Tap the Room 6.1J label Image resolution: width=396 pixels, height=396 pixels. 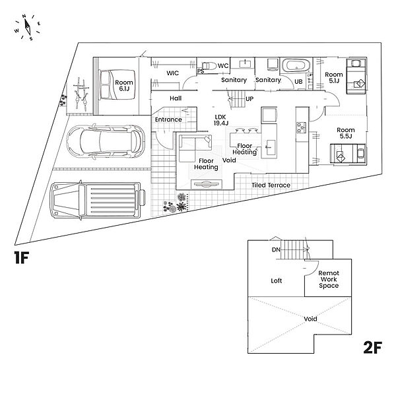[123, 86]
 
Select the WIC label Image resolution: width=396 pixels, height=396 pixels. [173, 73]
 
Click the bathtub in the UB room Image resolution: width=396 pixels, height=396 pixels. [294, 67]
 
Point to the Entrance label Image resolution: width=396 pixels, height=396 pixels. [168, 119]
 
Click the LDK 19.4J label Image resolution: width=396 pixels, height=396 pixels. [221, 119]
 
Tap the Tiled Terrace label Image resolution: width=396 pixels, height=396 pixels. [271, 185]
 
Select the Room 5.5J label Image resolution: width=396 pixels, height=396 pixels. [346, 134]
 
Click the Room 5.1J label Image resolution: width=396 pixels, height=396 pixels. [334, 78]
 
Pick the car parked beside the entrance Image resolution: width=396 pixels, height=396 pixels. [106, 141]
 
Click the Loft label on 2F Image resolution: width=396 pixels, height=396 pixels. [277, 280]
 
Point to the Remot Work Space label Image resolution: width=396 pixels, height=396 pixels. [328, 279]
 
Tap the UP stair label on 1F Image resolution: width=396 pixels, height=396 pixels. [249, 99]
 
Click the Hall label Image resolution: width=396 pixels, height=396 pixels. [176, 98]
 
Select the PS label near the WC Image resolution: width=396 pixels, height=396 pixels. [200, 71]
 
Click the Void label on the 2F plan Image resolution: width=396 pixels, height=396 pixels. [310, 319]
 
